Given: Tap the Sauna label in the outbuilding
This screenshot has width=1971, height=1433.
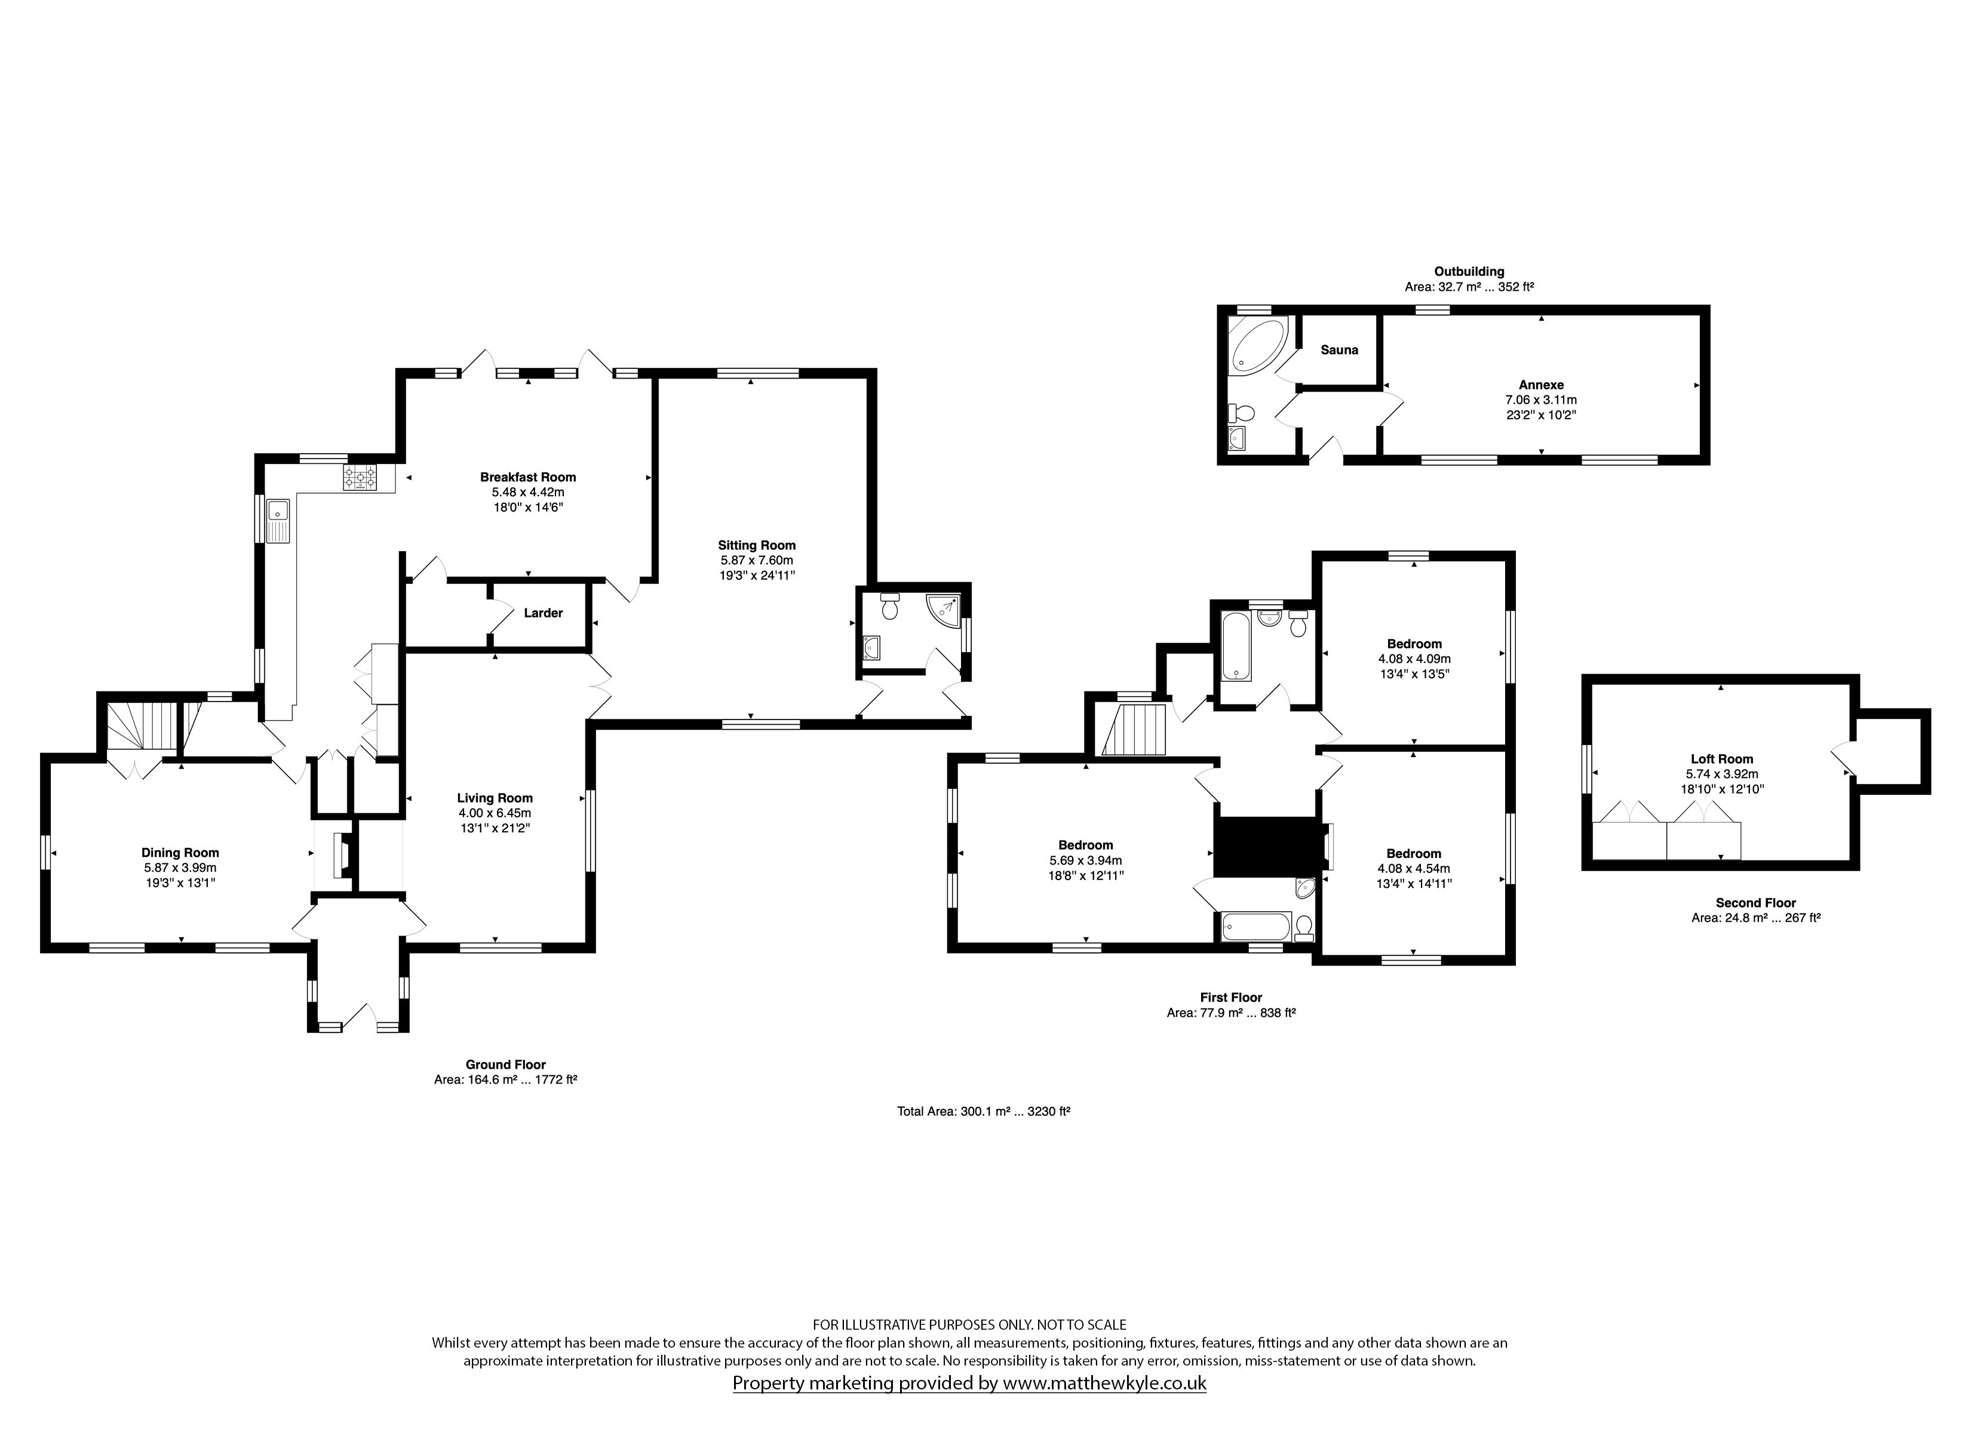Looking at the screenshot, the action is click(1339, 350).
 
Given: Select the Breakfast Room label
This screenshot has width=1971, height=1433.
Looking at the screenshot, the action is click(529, 477).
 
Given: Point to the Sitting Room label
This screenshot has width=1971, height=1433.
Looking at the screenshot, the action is click(757, 546).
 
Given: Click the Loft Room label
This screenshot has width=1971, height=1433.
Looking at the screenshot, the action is click(1721, 759).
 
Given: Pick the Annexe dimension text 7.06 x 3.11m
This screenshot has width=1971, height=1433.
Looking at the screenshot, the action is click(1541, 399).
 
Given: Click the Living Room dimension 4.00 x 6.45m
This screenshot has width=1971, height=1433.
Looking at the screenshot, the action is click(495, 813).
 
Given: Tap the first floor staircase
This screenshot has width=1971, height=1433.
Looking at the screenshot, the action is click(1133, 730).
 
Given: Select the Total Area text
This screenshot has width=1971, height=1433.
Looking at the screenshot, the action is click(983, 1111).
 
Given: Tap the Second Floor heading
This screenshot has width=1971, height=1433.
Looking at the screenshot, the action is click(1755, 903).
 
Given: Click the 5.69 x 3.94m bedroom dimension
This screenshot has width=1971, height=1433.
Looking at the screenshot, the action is click(1085, 860).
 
